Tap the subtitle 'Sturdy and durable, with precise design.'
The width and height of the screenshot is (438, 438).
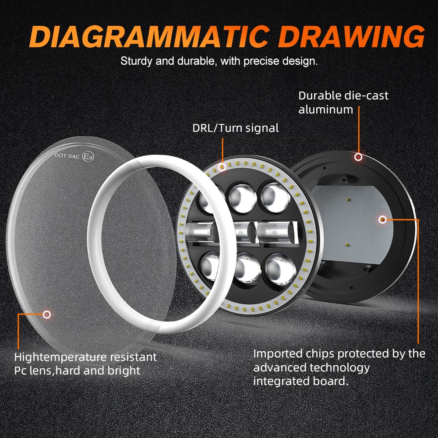pos(219,61)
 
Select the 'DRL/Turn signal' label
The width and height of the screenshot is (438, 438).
pos(235,128)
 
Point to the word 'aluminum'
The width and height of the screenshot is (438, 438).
pos(325,109)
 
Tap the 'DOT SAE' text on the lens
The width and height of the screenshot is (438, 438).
pos(67,155)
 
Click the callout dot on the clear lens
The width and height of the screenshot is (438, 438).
pos(47,314)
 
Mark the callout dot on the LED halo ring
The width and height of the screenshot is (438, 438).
pos(223,167)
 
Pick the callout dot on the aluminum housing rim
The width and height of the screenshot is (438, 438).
pos(358,156)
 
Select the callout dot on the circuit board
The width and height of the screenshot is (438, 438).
pos(382,219)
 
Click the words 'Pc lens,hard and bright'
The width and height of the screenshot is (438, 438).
pos(77,371)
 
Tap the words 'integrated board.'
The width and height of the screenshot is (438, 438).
pos(301,381)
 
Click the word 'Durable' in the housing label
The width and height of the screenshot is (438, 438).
pos(319,95)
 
